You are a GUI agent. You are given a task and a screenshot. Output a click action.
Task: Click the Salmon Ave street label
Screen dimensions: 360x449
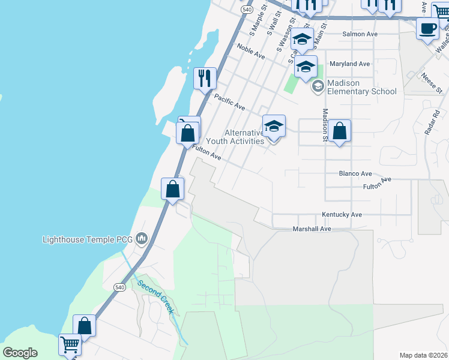point(360,34)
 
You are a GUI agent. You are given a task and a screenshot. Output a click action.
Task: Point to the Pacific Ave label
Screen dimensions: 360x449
point(229,102)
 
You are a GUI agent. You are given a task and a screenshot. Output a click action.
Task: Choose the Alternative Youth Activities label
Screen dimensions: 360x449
point(235,137)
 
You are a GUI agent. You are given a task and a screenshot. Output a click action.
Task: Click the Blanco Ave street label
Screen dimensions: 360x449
point(355,173)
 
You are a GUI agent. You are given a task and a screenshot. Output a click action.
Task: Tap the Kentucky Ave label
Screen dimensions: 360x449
point(342,214)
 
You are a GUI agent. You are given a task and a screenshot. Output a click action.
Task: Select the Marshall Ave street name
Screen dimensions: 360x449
point(312,229)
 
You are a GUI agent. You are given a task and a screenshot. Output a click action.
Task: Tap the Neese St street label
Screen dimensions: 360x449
point(431,82)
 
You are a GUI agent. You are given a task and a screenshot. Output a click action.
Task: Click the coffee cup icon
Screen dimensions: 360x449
point(427,29)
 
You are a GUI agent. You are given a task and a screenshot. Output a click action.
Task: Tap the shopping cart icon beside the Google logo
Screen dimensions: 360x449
point(70,345)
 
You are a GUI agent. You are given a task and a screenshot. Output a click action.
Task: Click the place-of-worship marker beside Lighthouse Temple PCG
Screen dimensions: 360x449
point(142,239)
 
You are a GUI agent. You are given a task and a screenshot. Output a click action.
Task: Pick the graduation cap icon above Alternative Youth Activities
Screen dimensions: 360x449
point(274,126)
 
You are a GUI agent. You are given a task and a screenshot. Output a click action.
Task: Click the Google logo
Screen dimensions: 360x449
point(20,353)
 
